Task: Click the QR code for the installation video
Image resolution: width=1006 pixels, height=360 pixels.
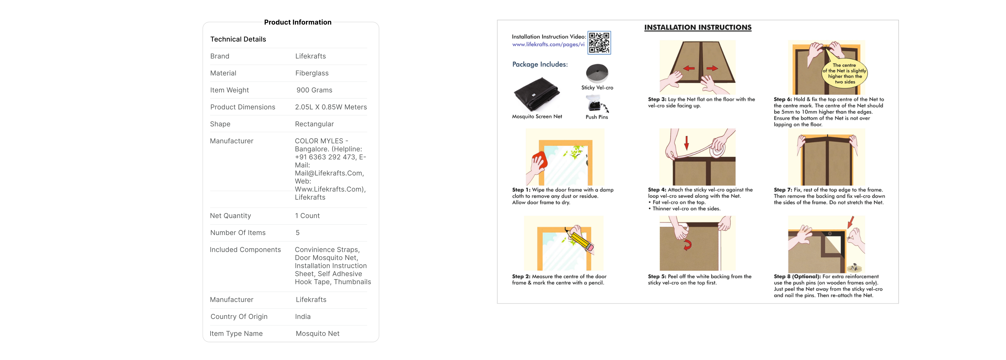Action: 599,43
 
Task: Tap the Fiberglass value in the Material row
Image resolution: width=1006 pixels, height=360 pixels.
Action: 312,73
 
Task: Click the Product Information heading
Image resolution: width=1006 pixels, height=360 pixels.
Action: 298,22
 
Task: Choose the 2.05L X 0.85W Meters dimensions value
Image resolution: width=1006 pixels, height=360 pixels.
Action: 331,107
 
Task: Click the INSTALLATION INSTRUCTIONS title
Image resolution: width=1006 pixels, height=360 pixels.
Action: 698,27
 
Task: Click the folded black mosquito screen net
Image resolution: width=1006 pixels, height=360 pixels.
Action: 537,94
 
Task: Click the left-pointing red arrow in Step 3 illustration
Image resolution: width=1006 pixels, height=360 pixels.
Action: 689,68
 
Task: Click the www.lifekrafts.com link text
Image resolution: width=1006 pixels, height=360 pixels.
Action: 548,45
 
